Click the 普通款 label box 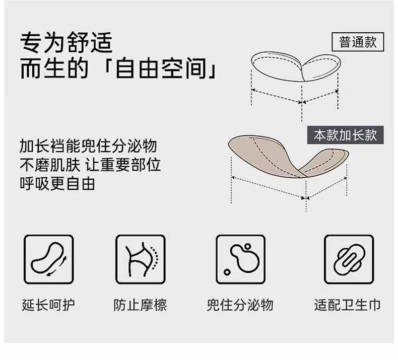pyautogui.click(x=358, y=42)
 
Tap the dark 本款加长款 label pyautogui.click(x=345, y=135)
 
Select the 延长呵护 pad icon pyautogui.click(x=48, y=259)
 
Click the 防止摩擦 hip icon pyautogui.click(x=141, y=259)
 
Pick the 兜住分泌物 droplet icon pyautogui.click(x=241, y=259)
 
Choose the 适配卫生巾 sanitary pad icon pyautogui.click(x=349, y=259)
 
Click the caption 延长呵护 pyautogui.click(x=48, y=305)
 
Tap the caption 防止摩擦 pyautogui.click(x=140, y=305)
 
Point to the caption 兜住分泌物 pyautogui.click(x=240, y=305)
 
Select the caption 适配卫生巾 pyautogui.click(x=348, y=305)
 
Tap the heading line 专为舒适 pyautogui.click(x=66, y=42)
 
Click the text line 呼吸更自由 pyautogui.click(x=57, y=184)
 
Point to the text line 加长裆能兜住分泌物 pyautogui.click(x=88, y=146)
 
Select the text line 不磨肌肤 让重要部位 pyautogui.click(x=90, y=165)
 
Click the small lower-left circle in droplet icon pyautogui.click(x=227, y=272)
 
